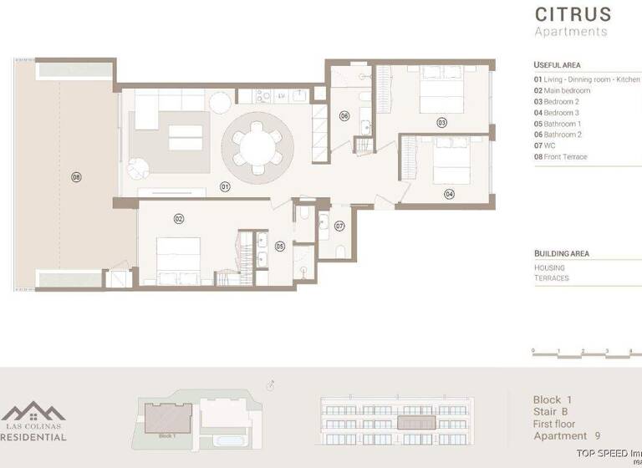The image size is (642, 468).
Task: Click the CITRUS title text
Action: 573,14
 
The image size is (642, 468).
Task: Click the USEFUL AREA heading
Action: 557,65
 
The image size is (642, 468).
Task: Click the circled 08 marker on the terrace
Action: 76,177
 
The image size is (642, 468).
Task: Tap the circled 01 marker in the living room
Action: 225,186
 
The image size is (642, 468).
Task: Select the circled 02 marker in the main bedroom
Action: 178,218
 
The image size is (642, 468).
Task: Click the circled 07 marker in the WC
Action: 339,226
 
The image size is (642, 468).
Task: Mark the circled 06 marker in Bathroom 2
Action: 344,116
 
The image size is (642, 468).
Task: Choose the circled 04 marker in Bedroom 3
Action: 449,193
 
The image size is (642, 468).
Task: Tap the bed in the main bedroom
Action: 178,259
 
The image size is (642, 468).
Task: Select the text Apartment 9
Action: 567,435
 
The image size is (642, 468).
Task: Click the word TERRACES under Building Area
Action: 551,277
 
